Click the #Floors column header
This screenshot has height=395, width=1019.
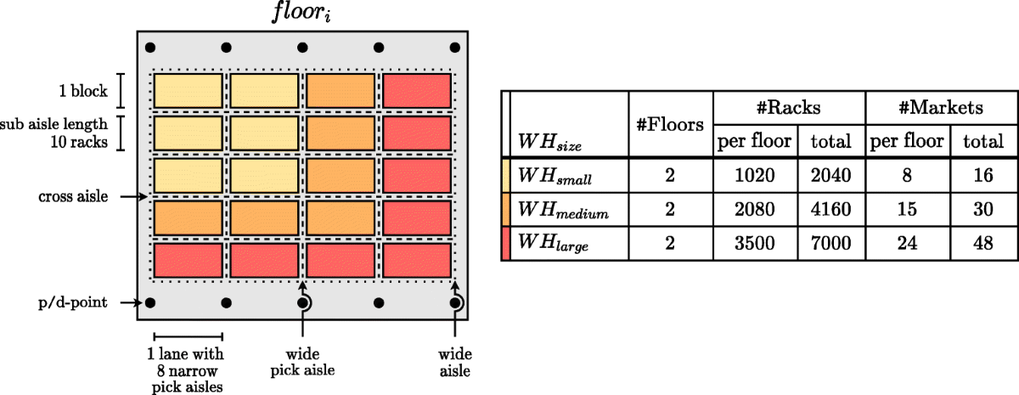click(x=670, y=125)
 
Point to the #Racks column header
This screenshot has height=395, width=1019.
click(x=789, y=107)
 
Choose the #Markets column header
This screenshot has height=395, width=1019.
click(x=940, y=107)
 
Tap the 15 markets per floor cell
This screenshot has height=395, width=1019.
click(x=908, y=211)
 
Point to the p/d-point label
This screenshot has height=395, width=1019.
click(x=72, y=302)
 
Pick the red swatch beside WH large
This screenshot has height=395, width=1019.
click(x=506, y=244)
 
